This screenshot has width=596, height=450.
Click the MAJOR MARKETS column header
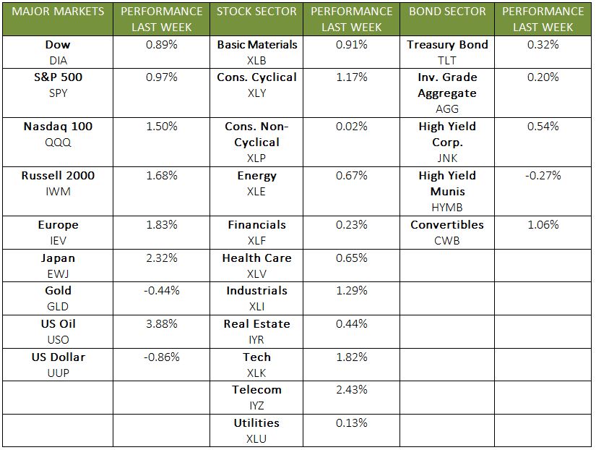[x=59, y=12]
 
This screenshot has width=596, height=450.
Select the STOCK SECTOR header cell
[x=256, y=12]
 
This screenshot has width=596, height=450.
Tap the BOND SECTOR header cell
[x=446, y=12]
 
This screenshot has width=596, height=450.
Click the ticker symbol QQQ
[x=58, y=143]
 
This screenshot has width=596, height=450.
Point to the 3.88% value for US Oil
[x=161, y=323]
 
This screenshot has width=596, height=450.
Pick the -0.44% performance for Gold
[x=161, y=291]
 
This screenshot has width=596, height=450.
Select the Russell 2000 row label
[x=58, y=176]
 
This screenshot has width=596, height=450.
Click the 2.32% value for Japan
[x=161, y=258]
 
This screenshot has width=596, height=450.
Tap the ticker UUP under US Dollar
[x=58, y=373]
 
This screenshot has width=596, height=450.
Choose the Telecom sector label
[x=256, y=390]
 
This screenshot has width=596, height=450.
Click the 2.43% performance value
[x=352, y=390]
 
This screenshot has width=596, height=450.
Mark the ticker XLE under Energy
[x=256, y=192]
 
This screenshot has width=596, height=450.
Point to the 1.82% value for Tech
[x=352, y=357]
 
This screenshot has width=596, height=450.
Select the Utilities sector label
[x=256, y=423]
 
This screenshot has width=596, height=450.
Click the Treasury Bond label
[x=447, y=45]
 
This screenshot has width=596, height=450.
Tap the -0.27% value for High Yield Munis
[x=543, y=176]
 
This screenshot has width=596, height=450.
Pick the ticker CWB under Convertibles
[x=447, y=241]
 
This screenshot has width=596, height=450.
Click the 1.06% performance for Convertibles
[x=543, y=225]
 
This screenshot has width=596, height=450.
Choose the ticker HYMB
[x=447, y=208]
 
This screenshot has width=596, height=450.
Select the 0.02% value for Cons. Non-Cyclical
[x=352, y=127]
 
